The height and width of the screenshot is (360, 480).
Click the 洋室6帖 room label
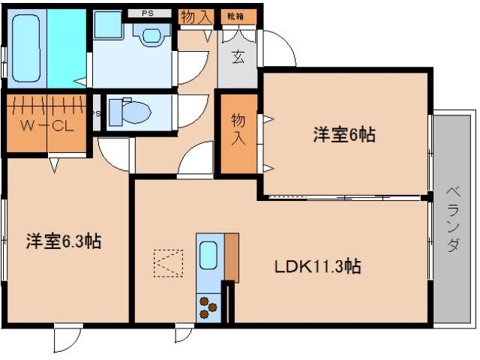click(x=344, y=135)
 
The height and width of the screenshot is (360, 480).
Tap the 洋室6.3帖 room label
click(x=64, y=241)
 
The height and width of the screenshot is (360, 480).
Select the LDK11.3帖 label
click(x=318, y=266)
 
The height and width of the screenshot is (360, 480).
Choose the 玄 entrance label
click(x=237, y=57)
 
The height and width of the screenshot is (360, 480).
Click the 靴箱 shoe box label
click(x=237, y=15)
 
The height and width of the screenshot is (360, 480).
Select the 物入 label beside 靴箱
click(x=196, y=16)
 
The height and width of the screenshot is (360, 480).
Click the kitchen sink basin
click(x=208, y=256)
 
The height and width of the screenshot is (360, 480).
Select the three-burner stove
click(x=208, y=306)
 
